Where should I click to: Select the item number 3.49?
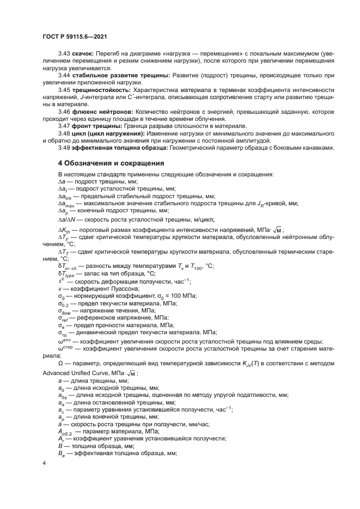(x=64, y=148)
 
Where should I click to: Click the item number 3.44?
(x=64, y=75)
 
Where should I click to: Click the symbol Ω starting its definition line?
(x=60, y=363)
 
